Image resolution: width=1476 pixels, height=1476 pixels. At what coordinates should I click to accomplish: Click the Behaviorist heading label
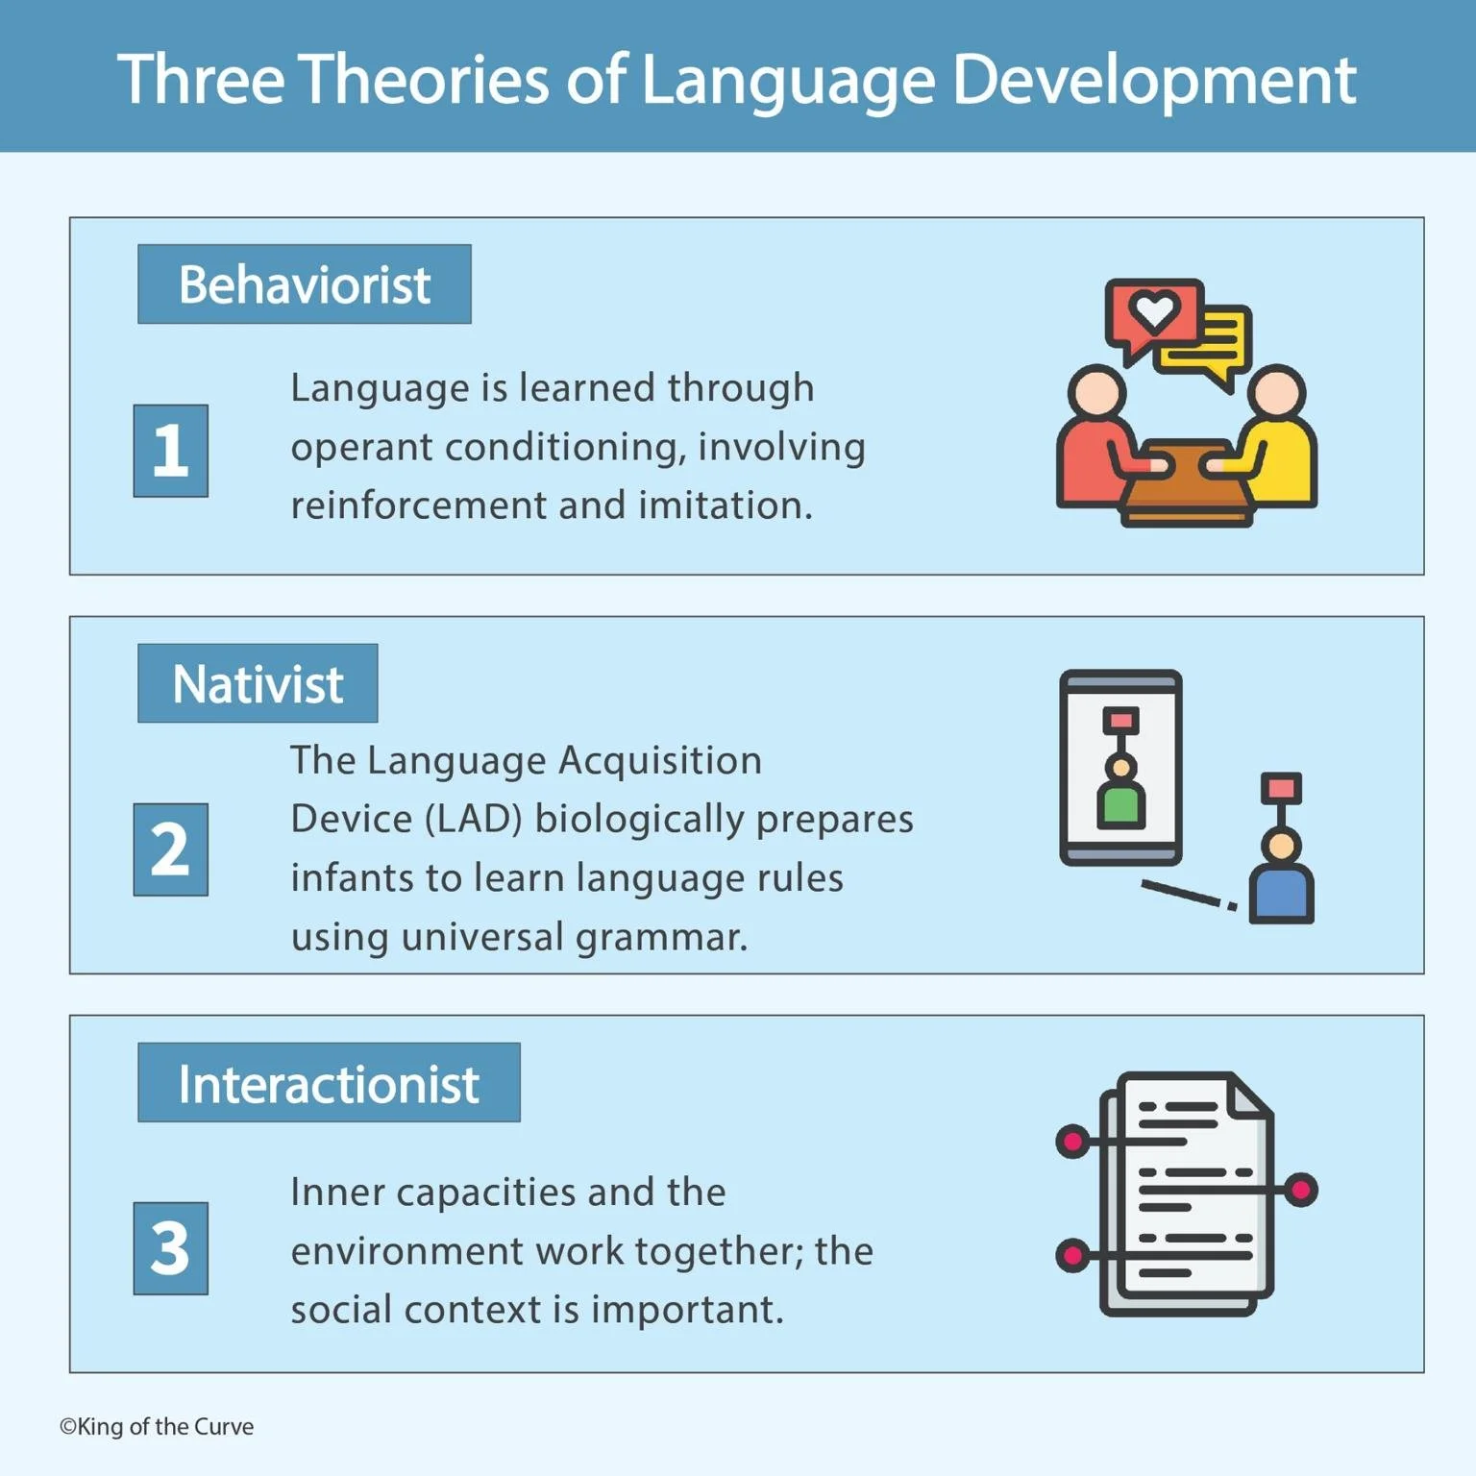[x=304, y=284]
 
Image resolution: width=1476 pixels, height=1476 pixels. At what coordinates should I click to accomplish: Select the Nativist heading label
[x=258, y=683]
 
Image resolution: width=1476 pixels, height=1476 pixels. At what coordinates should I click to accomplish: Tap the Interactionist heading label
[x=329, y=1083]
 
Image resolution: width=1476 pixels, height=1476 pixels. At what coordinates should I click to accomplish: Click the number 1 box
[x=171, y=451]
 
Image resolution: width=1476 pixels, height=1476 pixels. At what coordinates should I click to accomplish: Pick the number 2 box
[x=171, y=849]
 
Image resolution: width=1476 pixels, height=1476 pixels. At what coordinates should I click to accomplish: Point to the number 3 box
[x=171, y=1248]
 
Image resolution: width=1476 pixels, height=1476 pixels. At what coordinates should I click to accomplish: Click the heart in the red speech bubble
[x=1153, y=309]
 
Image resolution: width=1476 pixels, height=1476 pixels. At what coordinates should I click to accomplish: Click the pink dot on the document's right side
[x=1301, y=1190]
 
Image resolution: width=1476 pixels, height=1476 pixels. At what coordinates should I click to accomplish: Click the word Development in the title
[x=1153, y=79]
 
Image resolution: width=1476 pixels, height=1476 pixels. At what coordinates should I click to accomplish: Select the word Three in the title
[x=201, y=79]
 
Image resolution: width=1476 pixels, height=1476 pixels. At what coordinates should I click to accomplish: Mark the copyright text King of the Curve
[x=157, y=1427]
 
